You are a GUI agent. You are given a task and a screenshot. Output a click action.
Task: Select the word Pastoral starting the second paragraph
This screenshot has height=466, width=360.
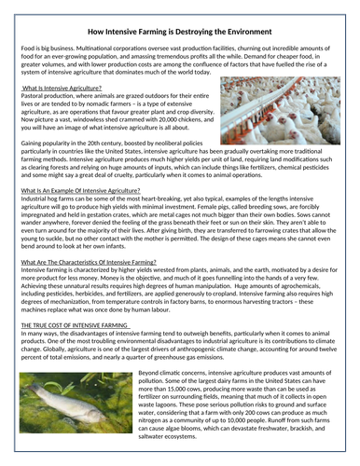(x=34, y=94)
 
